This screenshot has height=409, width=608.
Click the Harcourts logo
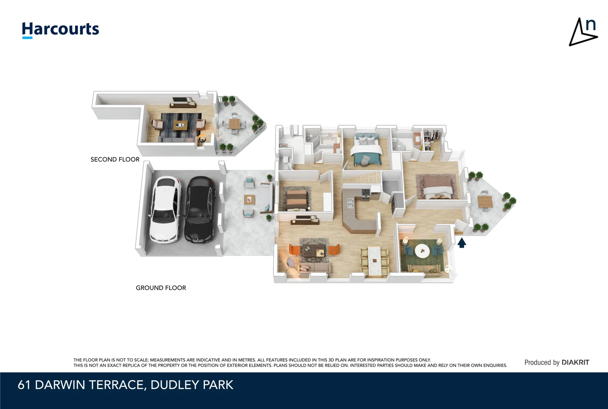pos(60,30)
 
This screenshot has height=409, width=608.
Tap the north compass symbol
pos(583,32)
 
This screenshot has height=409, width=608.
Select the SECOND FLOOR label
pos(115,159)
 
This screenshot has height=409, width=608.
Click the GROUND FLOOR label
pos(161,288)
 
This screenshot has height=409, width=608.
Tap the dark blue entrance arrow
pos(462,243)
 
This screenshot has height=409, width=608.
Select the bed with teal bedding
pos(366,150)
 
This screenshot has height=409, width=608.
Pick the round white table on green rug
pos(422,250)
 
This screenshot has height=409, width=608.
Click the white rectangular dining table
pos(374,261)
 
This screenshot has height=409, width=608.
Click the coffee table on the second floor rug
pos(180,125)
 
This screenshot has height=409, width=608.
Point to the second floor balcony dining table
pos(234,123)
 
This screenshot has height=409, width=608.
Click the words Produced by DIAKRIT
pos(556,362)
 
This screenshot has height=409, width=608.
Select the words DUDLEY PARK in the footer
pos(192,385)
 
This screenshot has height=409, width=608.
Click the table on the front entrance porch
pos(485,201)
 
